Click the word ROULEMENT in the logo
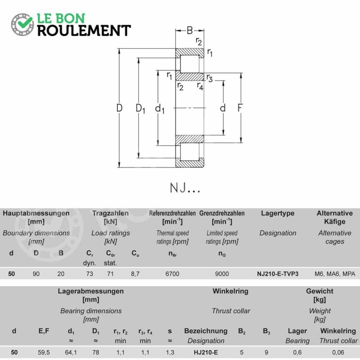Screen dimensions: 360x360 (x=84, y=31)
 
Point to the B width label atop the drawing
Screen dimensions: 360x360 (x=189, y=30)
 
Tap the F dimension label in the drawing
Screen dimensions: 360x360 (x=240, y=108)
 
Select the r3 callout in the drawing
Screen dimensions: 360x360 (x=209, y=78)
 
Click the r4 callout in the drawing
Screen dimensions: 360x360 (x=200, y=86)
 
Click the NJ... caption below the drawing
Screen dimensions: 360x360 (x=185, y=188)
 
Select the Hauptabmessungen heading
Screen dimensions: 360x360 (x=36, y=213)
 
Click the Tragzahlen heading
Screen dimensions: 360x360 (x=110, y=213)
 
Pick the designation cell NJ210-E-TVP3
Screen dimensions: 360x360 (x=278, y=274)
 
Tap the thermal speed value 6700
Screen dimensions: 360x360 (x=172, y=274)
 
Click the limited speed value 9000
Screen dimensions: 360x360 (x=222, y=274)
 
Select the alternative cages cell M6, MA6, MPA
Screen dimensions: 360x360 (x=335, y=274)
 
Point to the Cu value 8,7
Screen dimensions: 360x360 (x=135, y=274)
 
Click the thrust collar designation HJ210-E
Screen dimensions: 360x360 (x=206, y=352)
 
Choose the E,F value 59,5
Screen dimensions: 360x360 (x=44, y=352)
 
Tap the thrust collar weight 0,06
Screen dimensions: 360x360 (x=338, y=352)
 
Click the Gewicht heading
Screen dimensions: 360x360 (x=319, y=291)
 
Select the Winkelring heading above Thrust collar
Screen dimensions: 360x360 (x=230, y=291)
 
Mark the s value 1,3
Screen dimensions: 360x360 (x=170, y=352)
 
